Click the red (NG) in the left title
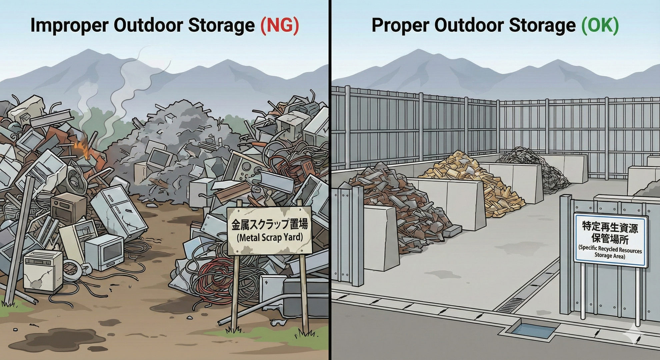[279, 25]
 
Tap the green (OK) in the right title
[600, 25]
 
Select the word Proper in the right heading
[400, 25]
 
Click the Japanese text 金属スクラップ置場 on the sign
[270, 224]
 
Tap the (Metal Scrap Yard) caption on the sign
[270, 238]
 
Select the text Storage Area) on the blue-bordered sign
[610, 256]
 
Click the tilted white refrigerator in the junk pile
[118, 212]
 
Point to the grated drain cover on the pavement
[512, 305]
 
